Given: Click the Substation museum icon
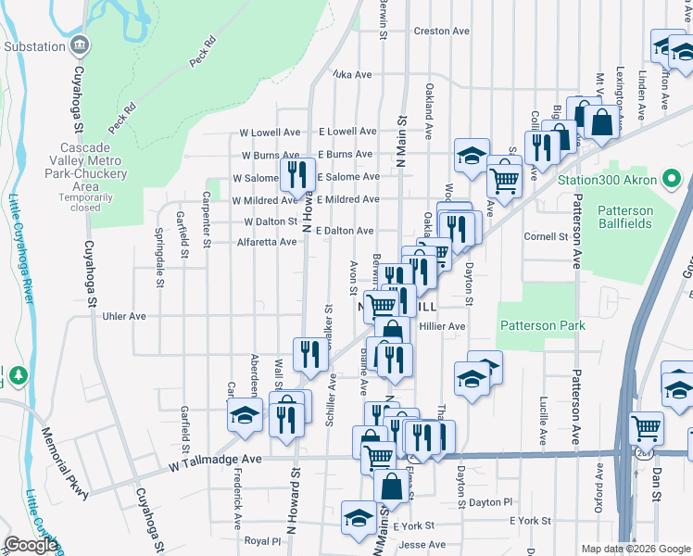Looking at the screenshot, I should pyautogui.click(x=80, y=44).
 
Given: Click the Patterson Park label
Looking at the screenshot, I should pyautogui.click(x=542, y=325).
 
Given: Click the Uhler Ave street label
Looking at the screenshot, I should pyautogui.click(x=125, y=316).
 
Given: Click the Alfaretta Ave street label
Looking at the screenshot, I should pyautogui.click(x=267, y=242).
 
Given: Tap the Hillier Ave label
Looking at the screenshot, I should pyautogui.click(x=442, y=326).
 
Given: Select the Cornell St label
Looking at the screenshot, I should pyautogui.click(x=546, y=237).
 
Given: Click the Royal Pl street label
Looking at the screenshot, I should pyautogui.click(x=262, y=540).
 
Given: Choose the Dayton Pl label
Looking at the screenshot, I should pyautogui.click(x=490, y=502).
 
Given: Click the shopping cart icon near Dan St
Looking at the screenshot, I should pyautogui.click(x=646, y=427).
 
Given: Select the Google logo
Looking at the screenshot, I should pyautogui.click(x=31, y=545).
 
